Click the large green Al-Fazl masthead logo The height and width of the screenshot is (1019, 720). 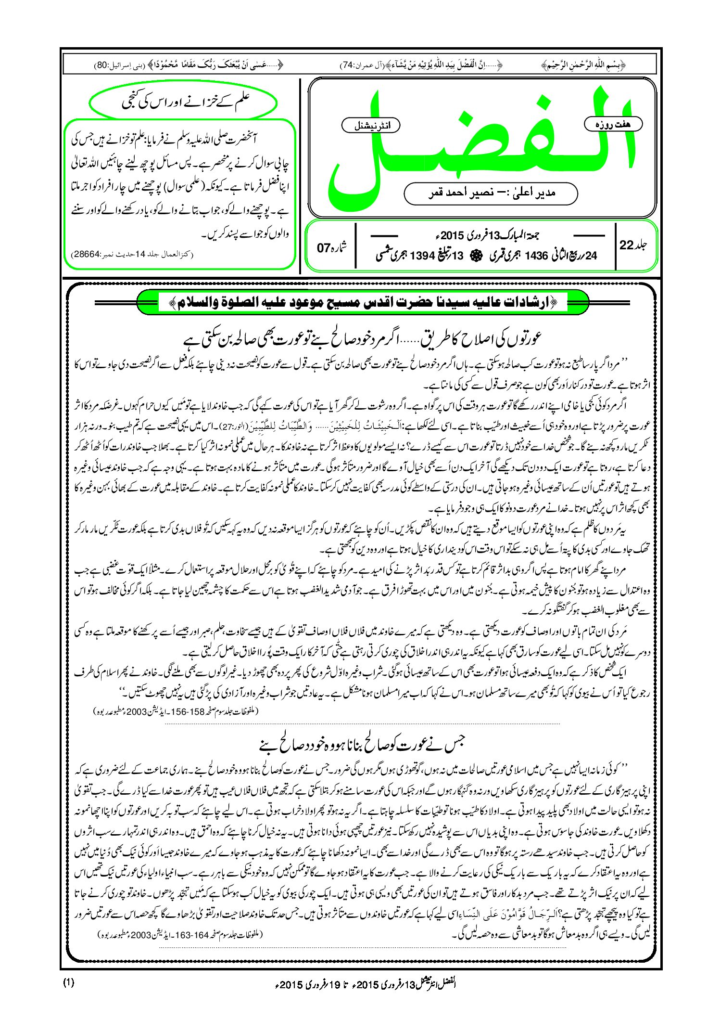pyautogui.click(x=481, y=144)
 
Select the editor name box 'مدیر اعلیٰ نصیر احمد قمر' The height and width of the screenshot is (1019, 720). pyautogui.click(x=491, y=193)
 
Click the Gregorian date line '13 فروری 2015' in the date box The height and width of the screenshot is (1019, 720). pyautogui.click(x=486, y=235)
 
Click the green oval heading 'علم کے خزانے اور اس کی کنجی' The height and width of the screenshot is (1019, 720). pyautogui.click(x=184, y=103)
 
